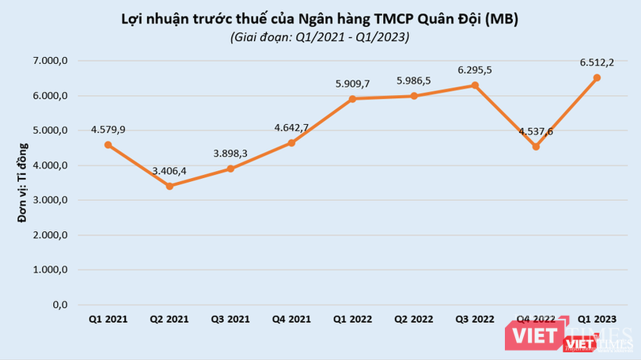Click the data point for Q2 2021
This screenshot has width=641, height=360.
tap(169, 186)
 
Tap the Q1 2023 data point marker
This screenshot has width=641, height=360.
tap(597, 78)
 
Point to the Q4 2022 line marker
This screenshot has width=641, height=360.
tap(536, 146)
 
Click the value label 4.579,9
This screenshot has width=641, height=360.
tap(107, 129)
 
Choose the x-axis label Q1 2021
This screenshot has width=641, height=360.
tap(108, 319)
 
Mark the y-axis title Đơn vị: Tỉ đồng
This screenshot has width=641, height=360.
tap(24, 182)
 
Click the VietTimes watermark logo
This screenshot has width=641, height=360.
tap(586, 336)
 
